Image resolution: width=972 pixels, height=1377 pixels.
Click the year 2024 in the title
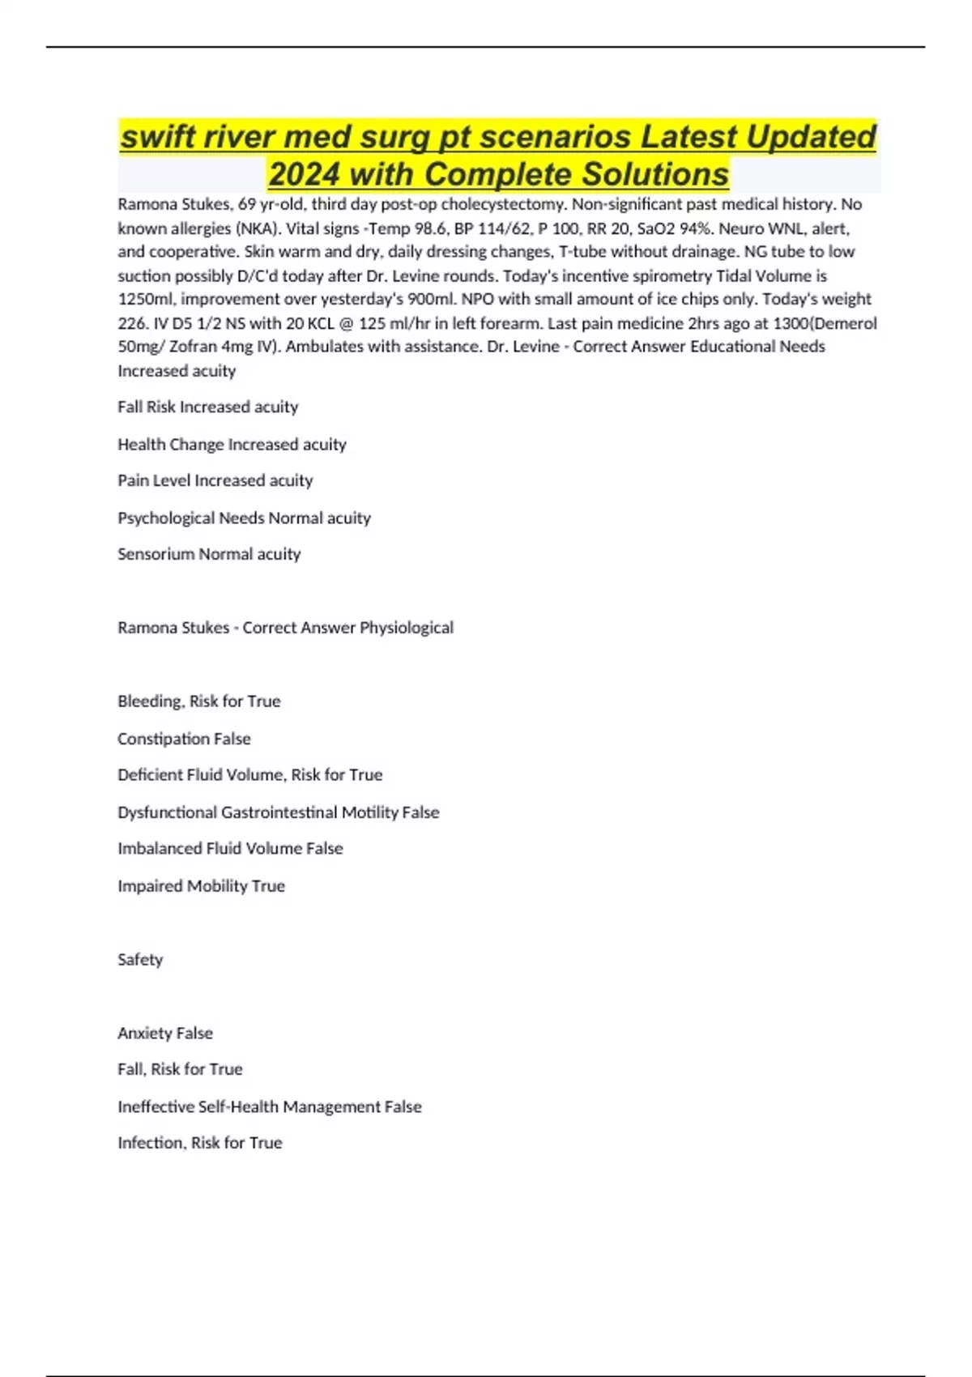coord(304,174)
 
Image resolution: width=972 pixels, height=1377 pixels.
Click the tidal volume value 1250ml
coord(146,299)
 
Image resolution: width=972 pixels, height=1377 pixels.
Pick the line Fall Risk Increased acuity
coord(207,407)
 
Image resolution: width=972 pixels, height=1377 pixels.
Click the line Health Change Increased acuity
coord(232,444)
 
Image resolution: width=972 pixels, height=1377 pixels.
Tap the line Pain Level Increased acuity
coord(215,480)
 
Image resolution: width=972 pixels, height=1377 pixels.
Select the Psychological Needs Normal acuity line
coord(244,518)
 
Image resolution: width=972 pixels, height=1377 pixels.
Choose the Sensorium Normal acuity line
coord(209,554)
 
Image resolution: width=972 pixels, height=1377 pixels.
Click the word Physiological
coord(407,628)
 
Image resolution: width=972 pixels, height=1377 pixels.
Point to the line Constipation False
coord(184,739)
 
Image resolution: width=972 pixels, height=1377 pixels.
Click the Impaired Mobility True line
coord(201,886)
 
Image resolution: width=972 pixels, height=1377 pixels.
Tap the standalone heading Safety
coord(140,960)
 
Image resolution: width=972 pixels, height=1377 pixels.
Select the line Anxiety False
coord(165,1034)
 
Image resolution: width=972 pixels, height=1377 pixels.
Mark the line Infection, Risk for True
coord(200,1143)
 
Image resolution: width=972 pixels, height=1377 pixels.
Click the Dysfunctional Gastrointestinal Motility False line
coord(278,812)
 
